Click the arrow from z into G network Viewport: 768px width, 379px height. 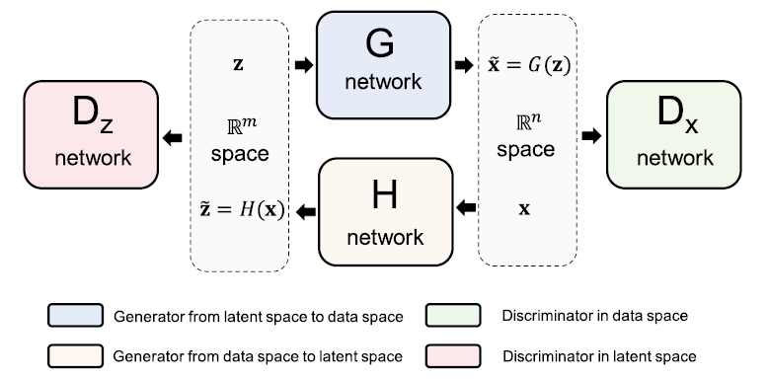[303, 65]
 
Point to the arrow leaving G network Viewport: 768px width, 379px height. [463, 65]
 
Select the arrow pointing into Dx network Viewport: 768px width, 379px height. [590, 136]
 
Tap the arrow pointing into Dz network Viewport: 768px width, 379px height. [174, 137]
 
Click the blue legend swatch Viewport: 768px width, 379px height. [76, 317]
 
